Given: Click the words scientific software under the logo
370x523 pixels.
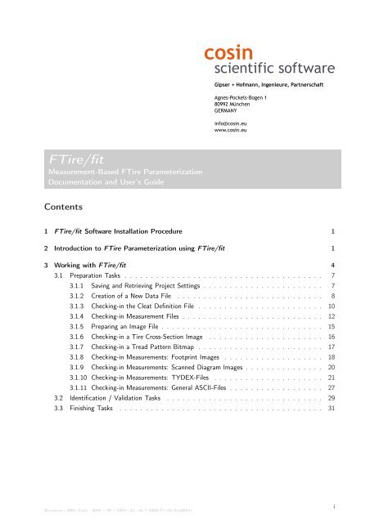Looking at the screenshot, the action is (x=269, y=69).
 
